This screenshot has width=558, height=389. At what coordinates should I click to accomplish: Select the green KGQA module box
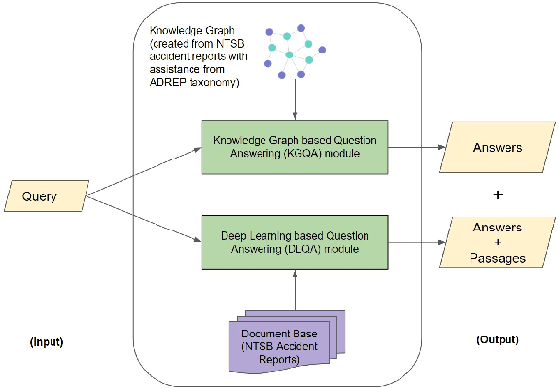point(295,147)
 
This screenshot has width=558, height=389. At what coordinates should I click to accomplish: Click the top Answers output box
point(497,147)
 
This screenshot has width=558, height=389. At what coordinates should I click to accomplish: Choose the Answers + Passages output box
point(497,242)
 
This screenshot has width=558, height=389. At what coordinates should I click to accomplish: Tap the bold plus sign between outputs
point(499,194)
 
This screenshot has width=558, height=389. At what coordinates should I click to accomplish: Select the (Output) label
point(499,339)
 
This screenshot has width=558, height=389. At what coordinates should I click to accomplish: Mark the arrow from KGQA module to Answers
point(412,148)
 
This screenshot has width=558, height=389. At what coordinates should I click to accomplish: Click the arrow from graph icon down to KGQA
point(295,100)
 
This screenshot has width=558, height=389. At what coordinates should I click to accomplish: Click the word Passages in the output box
point(497,258)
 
